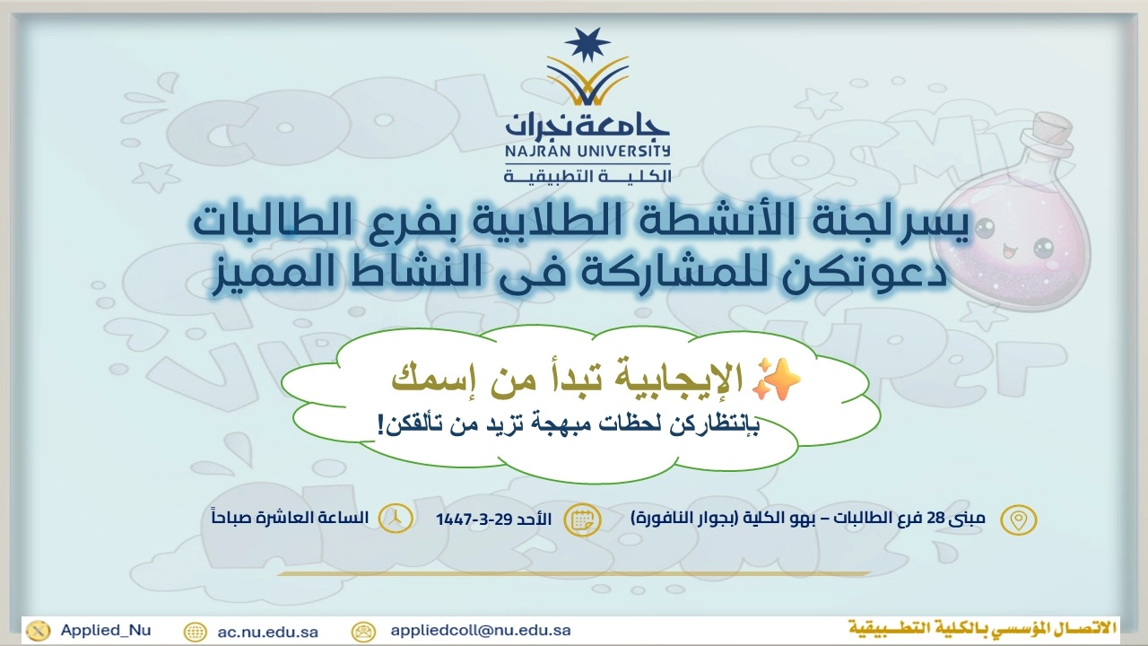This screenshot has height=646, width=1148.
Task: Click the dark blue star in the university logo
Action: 587,44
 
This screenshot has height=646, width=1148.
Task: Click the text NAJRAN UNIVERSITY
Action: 587,152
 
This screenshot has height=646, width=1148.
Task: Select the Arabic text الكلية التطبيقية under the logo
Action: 587,176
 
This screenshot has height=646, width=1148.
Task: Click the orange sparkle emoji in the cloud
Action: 776,380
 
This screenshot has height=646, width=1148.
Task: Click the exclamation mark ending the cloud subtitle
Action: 380,424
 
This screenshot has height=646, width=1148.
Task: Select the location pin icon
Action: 1018,519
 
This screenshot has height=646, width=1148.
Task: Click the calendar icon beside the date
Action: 582,519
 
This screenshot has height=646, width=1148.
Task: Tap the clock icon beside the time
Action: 396,519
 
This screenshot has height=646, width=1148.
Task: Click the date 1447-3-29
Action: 473,519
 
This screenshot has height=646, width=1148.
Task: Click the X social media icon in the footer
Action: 39,631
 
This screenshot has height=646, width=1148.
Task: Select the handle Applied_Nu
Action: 106,630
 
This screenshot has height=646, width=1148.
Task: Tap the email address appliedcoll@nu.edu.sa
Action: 481,630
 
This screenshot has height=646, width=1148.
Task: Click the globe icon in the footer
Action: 195,633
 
